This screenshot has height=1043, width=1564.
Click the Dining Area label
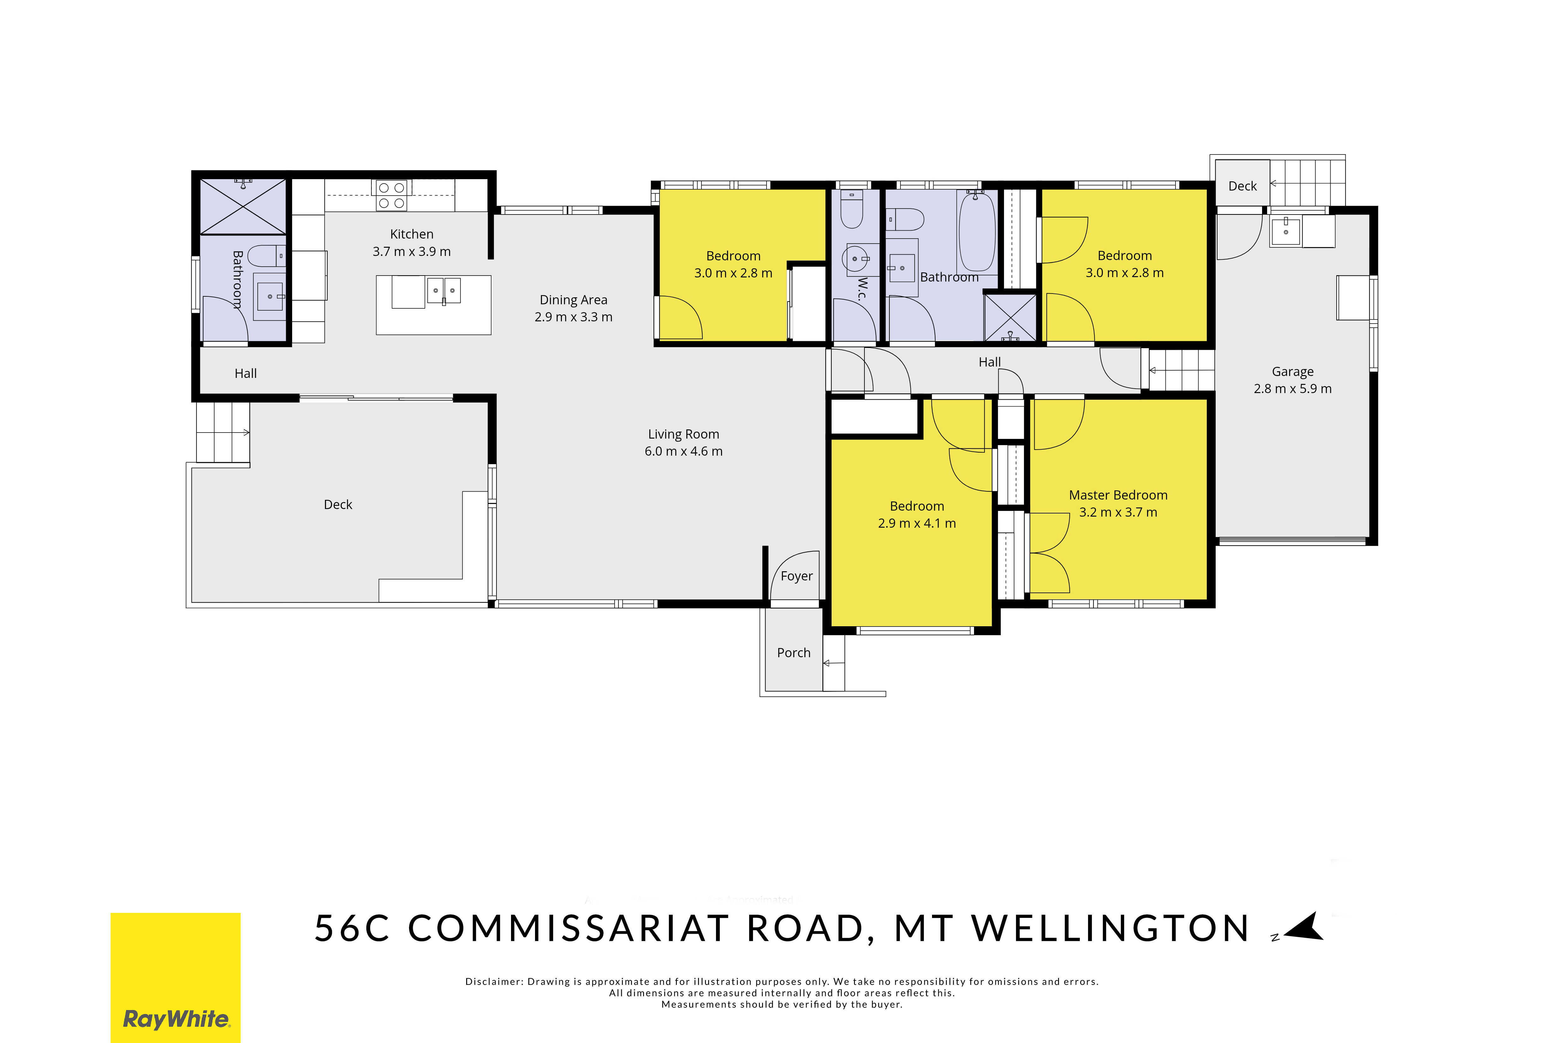[573, 300]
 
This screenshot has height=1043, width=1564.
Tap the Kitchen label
[412, 234]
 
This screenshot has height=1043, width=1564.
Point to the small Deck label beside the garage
[1242, 186]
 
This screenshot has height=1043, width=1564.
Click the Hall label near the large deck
[245, 373]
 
